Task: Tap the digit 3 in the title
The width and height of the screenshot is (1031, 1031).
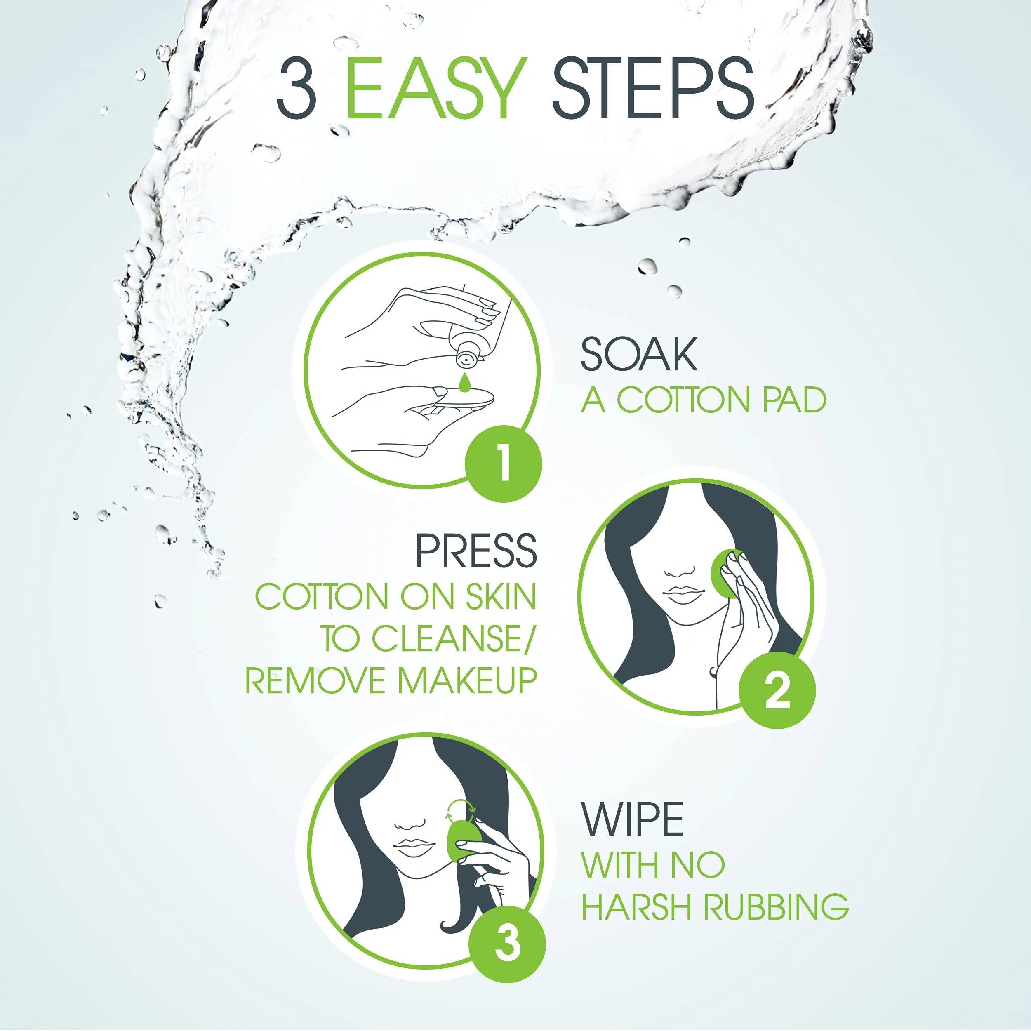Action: click(297, 89)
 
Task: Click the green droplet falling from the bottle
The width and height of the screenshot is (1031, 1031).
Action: click(465, 384)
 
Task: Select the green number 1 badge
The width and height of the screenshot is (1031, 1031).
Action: click(503, 463)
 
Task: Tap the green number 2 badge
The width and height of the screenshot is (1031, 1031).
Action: click(777, 690)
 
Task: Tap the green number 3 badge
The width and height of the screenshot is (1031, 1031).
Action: click(506, 944)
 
